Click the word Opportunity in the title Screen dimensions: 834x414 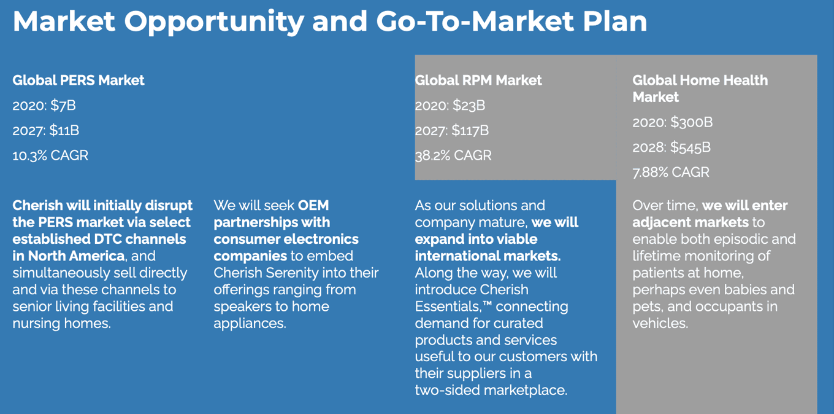pyautogui.click(x=214, y=22)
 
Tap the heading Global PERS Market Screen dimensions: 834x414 pyautogui.click(x=78, y=80)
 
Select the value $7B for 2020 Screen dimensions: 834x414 pyautogui.click(x=63, y=106)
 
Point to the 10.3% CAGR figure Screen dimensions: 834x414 pyautogui.click(x=50, y=155)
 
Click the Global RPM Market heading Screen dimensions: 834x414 pyautogui.click(x=478, y=80)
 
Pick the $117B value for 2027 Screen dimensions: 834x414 pyautogui.click(x=470, y=131)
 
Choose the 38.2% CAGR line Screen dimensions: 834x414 pyautogui.click(x=453, y=155)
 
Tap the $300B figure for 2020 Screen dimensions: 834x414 pyautogui.click(x=691, y=122)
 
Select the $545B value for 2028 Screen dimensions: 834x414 pyautogui.click(x=691, y=147)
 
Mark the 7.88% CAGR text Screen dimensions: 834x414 pyautogui.click(x=671, y=173)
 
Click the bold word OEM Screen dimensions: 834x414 pyautogui.click(x=313, y=206)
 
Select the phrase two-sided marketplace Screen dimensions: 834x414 pyautogui.click(x=491, y=390)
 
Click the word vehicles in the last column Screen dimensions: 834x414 pyautogui.click(x=660, y=323)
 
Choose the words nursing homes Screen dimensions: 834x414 pyautogui.click(x=61, y=323)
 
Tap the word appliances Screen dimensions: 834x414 pyautogui.click(x=250, y=323)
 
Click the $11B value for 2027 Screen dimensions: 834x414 pyautogui.click(x=64, y=131)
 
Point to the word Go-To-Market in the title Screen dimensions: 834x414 pyautogui.click(x=475, y=21)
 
